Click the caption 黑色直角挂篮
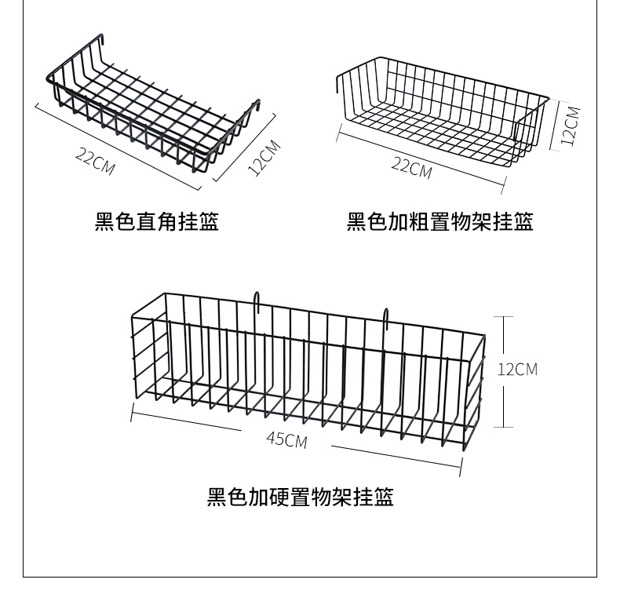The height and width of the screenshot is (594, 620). [x=156, y=223]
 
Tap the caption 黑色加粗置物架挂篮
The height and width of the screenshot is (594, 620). [x=439, y=223]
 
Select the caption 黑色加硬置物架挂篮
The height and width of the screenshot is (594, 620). [x=300, y=497]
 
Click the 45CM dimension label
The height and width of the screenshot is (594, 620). [x=286, y=439]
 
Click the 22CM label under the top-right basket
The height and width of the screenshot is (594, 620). [x=411, y=167]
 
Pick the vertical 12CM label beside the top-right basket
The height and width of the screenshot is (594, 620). [x=571, y=126]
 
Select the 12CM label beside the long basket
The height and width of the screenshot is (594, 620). [x=517, y=369]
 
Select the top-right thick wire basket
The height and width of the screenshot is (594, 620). [x=443, y=110]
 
